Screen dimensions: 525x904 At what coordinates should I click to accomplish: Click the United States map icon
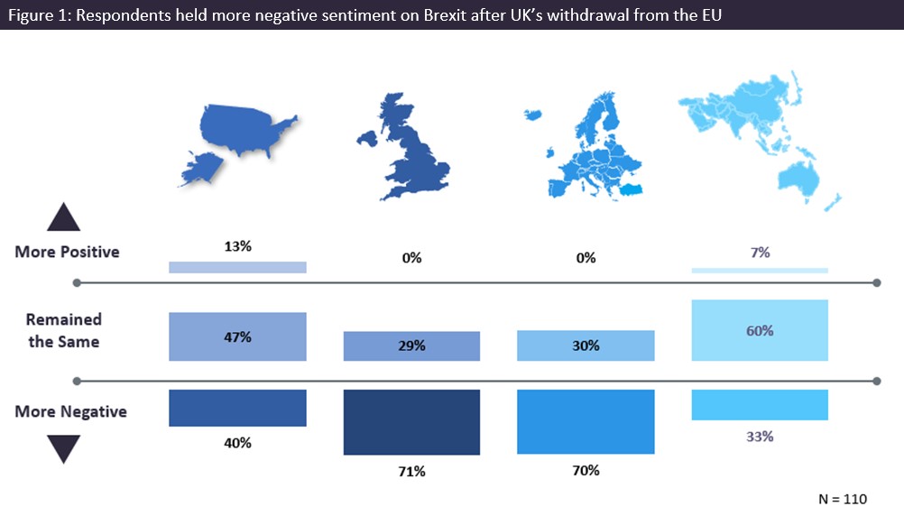239,134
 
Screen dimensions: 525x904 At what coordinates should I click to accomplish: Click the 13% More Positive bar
237,267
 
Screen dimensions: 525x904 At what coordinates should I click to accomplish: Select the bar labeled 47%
237,336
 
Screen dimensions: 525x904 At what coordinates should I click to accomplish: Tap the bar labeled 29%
411,345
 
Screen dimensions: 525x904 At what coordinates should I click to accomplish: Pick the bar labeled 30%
586,345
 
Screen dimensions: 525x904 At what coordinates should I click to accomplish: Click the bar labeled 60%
759,330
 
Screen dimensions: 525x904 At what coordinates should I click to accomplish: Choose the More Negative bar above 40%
237,408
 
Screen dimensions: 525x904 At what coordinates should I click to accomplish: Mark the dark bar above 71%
411,421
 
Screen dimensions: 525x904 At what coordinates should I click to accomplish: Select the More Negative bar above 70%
586,421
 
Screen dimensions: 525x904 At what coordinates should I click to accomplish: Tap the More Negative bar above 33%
759,404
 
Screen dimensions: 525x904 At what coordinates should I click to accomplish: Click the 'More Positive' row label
67,252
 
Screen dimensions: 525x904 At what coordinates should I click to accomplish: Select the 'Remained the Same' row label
63,330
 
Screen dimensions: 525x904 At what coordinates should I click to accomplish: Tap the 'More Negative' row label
70,411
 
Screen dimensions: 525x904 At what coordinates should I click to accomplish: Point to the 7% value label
760,253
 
